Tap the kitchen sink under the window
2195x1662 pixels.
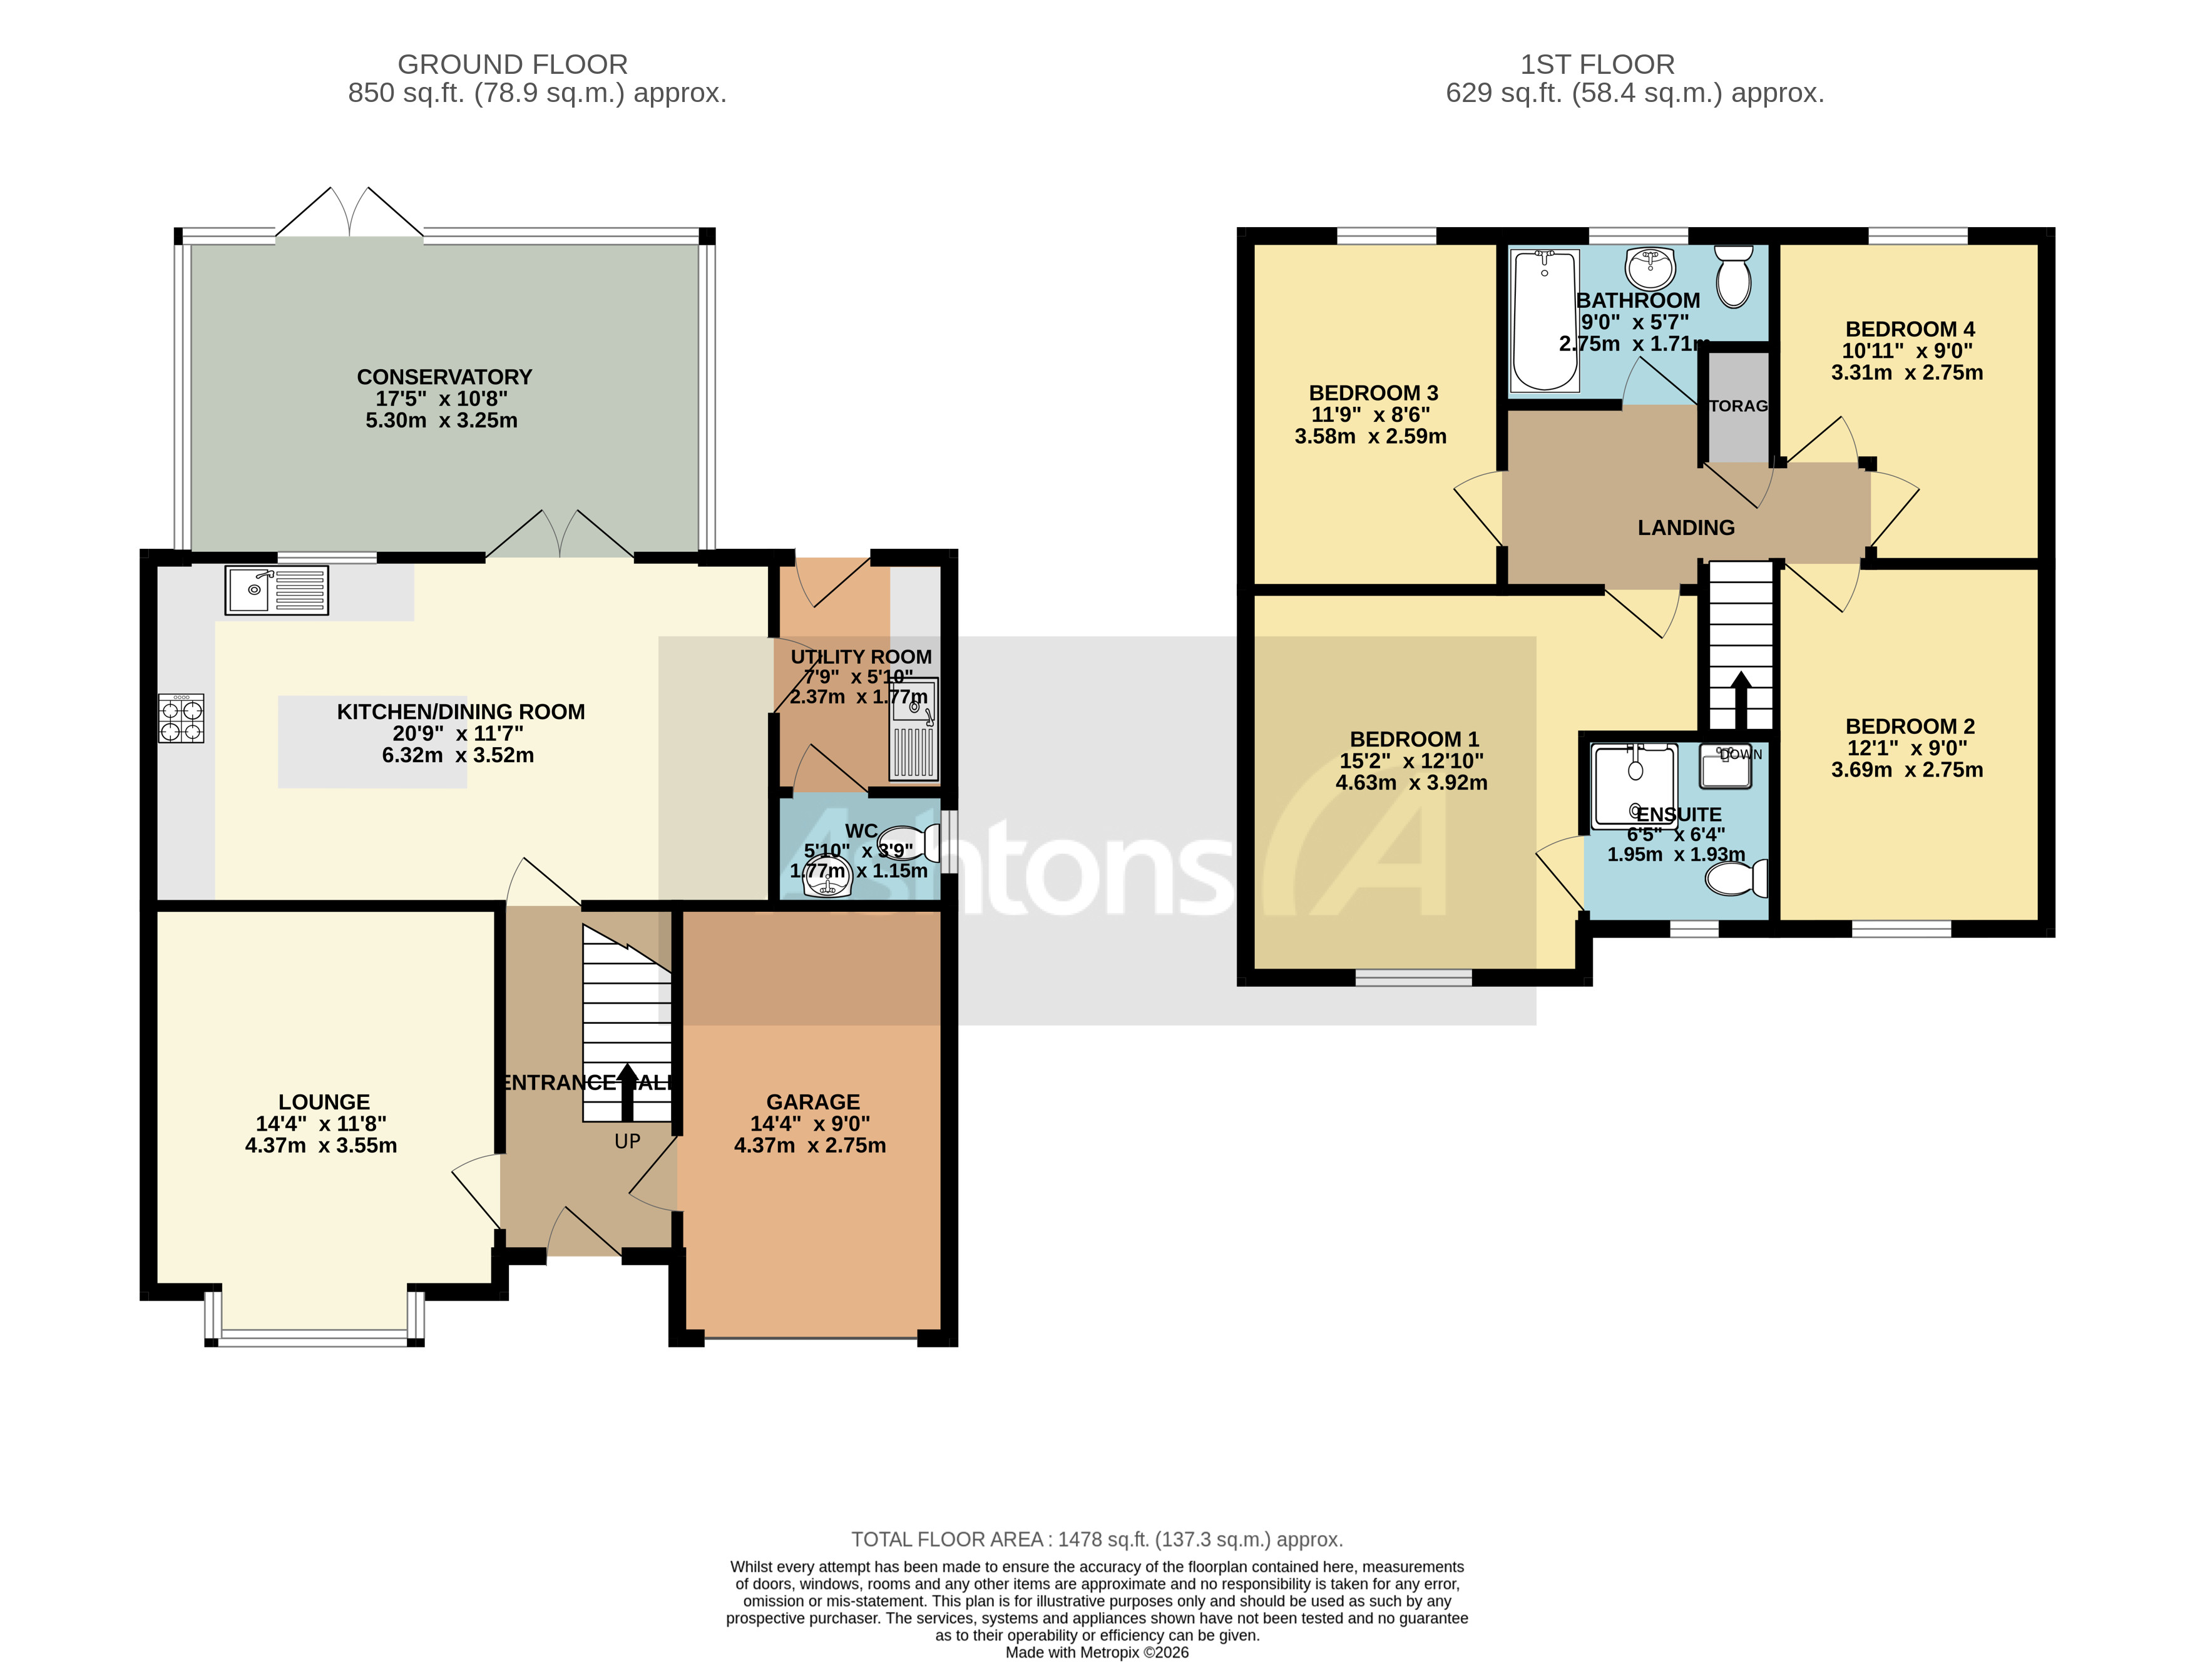coord(277,590)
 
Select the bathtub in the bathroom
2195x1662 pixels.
coord(1545,320)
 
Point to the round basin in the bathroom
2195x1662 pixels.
coord(1650,268)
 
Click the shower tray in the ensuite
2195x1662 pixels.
coord(1634,785)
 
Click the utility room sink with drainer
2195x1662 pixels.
coord(914,729)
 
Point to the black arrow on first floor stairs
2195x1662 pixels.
coord(1741,700)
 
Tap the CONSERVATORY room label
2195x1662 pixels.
coord(444,377)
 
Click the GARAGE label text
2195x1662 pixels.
coord(812,1101)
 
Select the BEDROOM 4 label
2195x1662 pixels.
coord(1909,329)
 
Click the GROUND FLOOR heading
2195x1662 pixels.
coord(512,64)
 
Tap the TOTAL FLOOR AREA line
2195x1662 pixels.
coord(1097,1539)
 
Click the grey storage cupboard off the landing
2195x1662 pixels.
coord(1737,407)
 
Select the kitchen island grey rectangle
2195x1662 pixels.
coord(372,742)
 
